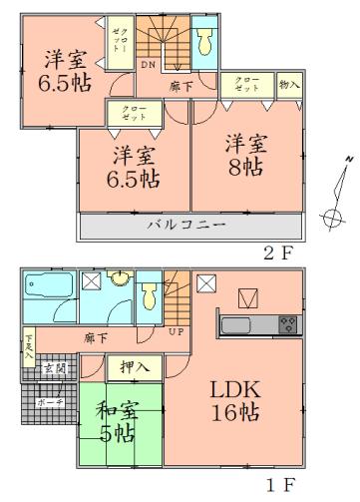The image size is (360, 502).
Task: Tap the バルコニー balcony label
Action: click(x=186, y=226)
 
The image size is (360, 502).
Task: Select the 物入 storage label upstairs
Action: click(x=289, y=87)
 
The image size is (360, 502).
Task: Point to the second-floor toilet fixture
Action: click(x=204, y=40)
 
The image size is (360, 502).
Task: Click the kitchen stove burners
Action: click(x=287, y=324)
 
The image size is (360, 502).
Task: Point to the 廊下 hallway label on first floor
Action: click(x=96, y=337)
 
